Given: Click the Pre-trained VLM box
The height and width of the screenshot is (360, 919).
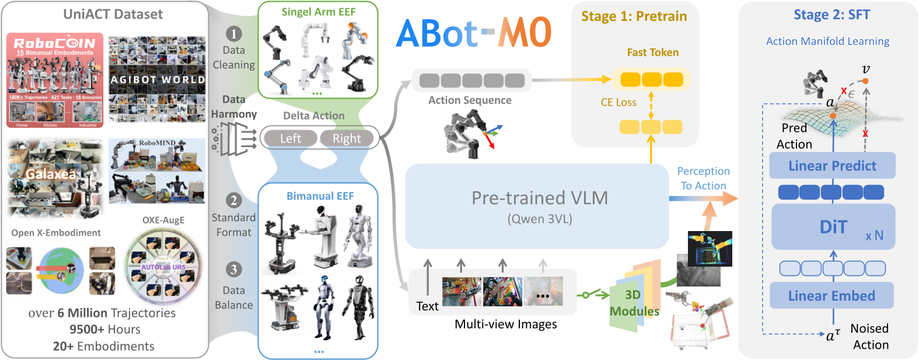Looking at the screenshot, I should point(537,206).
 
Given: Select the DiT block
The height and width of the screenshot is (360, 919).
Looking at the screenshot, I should point(833,227).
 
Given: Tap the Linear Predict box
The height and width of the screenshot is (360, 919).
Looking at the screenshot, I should point(832,166).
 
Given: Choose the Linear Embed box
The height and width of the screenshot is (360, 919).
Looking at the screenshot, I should point(831,296).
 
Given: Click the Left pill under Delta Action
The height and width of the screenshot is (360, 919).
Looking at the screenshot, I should point(290,138).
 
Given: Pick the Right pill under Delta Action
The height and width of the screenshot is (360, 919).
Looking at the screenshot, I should point(347,138).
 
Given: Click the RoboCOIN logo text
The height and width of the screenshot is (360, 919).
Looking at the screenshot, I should point(54,43).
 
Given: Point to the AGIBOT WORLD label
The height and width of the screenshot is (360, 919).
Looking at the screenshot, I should point(158,79).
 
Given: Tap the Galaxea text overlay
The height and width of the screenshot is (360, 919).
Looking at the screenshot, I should point(51,174).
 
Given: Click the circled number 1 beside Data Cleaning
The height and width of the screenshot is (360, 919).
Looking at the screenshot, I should point(233,34).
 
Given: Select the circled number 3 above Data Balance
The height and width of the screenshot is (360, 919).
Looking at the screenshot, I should point(233,269).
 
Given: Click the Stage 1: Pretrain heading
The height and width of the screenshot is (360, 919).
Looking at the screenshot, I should point(634,16).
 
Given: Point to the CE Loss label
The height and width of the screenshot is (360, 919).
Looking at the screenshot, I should point(619,102).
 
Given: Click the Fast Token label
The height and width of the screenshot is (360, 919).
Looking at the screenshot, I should point(652,53).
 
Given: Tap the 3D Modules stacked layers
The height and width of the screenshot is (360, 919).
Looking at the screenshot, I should point(634,298).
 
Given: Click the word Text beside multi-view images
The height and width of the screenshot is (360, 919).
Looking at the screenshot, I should point(427,306).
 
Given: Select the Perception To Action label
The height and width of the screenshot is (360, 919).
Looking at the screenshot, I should point(703,179).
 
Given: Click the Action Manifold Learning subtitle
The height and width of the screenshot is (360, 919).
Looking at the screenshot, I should point(827,41).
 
